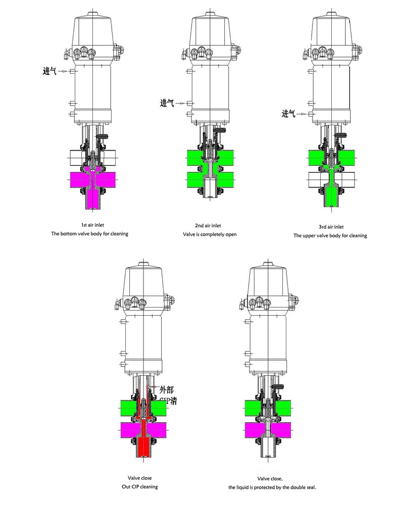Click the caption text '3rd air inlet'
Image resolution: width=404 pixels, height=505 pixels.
(330, 226)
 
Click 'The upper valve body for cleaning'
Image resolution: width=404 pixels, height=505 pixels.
(330, 235)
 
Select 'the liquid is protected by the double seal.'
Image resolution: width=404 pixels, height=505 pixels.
(271, 487)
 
